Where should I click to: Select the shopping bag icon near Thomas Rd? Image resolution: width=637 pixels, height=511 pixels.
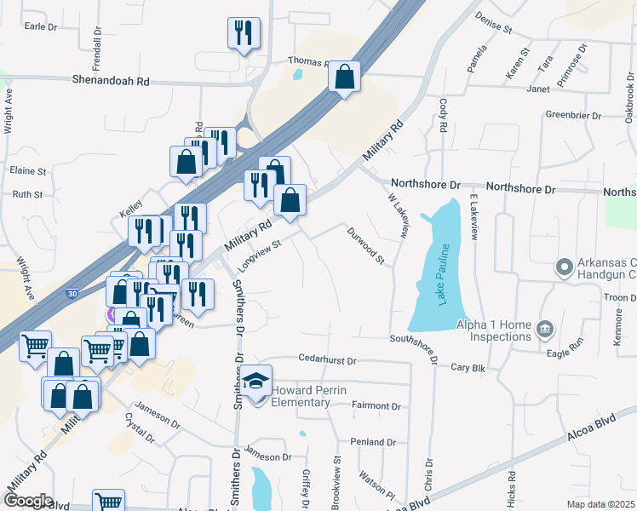point(343,78)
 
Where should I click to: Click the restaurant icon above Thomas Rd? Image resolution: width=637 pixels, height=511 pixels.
point(244,33)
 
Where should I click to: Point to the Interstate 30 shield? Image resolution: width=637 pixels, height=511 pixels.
point(73,294)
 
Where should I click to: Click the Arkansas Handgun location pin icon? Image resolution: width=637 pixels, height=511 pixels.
point(563,267)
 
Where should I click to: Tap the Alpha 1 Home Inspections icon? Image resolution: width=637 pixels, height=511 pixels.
point(545,327)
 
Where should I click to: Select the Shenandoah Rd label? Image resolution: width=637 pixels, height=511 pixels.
point(116,81)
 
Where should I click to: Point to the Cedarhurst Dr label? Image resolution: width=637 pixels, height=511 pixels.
point(327,361)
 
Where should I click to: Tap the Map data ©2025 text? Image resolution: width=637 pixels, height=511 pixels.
point(600,504)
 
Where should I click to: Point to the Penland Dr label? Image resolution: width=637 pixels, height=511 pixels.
point(373,442)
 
